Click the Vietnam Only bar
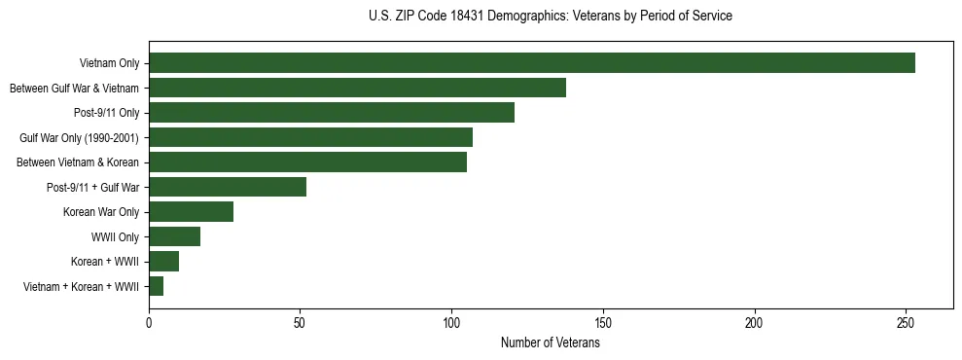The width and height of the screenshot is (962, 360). point(532,63)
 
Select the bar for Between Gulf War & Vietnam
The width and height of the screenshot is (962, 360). point(357,89)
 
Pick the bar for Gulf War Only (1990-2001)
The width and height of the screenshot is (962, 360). point(310,138)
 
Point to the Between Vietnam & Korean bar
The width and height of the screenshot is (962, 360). point(307,162)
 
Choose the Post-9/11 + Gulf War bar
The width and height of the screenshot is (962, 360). point(228,188)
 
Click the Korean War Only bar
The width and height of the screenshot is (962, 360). point(191,212)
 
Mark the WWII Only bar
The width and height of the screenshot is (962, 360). point(174,236)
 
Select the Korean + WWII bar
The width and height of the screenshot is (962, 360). point(163,262)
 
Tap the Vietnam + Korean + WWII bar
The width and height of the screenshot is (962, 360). point(156,286)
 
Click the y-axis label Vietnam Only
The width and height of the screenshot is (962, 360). point(109,64)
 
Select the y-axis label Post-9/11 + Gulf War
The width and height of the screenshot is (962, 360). point(93,188)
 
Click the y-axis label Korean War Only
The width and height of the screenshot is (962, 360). point(101,212)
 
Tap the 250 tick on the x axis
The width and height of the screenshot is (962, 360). point(906,322)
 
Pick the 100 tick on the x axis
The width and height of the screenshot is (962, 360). point(451,322)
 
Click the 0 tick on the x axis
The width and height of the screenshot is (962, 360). point(149,322)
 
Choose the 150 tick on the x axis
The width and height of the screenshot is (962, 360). point(603,322)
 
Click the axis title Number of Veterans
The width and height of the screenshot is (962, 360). point(550,343)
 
